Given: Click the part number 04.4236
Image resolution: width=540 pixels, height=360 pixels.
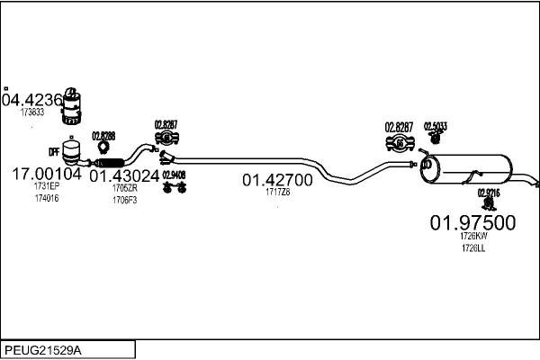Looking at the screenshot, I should pos(32,100).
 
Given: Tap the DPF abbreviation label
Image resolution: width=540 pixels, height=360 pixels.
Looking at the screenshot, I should pos(53,154).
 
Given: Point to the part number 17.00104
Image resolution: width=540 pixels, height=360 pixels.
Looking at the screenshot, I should pos(46,174).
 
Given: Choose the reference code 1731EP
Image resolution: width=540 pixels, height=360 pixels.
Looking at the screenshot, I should pos(46,186).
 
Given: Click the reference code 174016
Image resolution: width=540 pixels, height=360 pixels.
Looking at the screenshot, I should pos(46,197).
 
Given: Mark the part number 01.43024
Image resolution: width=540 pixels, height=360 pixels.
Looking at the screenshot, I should pos(124,176).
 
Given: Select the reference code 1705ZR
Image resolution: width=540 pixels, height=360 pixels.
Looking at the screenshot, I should pos(124,188).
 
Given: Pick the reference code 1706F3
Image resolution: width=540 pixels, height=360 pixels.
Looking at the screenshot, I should pos(124,199).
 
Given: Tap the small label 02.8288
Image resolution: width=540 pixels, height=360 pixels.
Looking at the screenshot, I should pos(103,136).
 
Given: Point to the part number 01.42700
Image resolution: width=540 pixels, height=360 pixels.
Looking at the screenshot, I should pos(277,180).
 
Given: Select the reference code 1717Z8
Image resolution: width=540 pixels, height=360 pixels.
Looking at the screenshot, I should pos(277,192).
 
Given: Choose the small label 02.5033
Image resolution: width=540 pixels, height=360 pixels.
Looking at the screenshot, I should pos(436,126).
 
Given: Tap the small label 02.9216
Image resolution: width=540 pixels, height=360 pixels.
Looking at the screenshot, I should pos(489,193).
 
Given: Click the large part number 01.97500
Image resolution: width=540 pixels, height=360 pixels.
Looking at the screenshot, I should pos(472,222).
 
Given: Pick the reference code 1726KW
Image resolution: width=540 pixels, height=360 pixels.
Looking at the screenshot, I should pos(472,237).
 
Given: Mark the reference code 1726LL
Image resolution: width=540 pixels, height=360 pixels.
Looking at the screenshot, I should pos(472,247).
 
